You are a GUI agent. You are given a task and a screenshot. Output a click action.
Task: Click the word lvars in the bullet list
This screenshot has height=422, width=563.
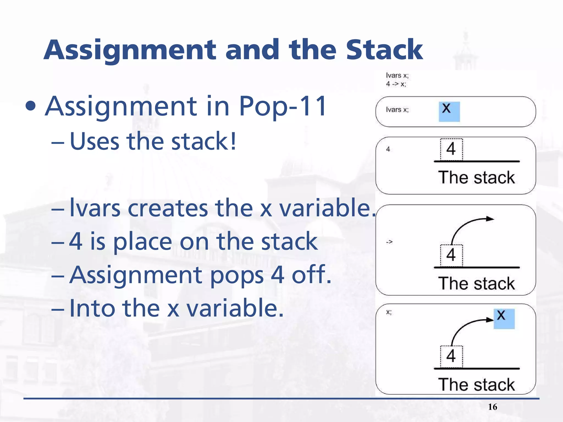tap(95, 208)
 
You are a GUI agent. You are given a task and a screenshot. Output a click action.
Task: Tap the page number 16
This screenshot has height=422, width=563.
tap(492, 407)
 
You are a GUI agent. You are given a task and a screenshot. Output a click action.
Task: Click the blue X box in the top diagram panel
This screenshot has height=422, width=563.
tap(449, 112)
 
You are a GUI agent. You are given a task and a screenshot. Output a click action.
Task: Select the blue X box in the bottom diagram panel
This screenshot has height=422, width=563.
tap(504, 319)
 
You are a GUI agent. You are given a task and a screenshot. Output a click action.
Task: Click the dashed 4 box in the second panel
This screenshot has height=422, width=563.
tap(451, 149)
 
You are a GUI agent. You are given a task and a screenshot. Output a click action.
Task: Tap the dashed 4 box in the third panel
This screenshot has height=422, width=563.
tap(451, 255)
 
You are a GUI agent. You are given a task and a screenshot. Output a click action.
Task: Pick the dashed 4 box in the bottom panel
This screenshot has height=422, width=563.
tap(451, 356)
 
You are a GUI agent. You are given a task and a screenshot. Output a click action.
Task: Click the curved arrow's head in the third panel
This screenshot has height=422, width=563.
tap(490, 219)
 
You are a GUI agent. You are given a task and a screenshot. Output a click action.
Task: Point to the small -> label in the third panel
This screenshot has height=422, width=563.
tap(389, 242)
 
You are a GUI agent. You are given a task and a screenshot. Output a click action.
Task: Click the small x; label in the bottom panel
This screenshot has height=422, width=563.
tap(389, 312)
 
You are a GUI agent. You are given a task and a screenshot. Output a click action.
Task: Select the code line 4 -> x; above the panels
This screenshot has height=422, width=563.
tap(396, 84)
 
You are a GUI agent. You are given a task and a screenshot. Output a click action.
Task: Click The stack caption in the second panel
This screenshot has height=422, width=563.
tap(476, 177)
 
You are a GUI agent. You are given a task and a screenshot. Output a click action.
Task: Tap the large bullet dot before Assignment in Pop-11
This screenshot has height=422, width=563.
tap(31, 107)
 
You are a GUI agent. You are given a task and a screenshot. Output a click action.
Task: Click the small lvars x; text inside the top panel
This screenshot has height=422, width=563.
tap(397, 110)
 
